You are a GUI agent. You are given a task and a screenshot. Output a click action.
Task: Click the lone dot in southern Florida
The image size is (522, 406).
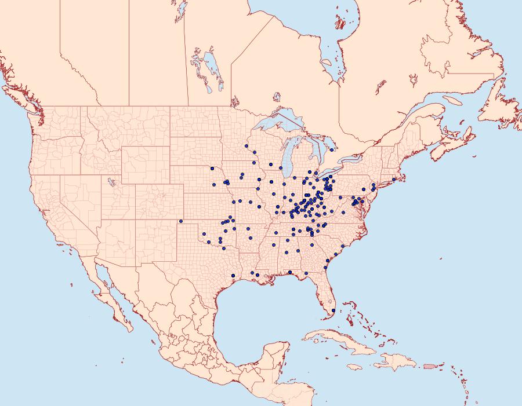333,311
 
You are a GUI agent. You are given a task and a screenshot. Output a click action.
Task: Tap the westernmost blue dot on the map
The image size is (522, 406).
181,221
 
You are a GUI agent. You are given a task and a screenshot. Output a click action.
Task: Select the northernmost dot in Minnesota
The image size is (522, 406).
246,145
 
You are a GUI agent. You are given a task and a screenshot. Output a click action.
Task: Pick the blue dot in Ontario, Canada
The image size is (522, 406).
331,150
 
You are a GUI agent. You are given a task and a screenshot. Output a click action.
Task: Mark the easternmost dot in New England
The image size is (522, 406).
394,179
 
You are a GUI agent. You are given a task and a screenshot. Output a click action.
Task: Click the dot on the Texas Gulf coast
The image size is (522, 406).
233,275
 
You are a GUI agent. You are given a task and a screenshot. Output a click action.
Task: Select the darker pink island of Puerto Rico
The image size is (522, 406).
429,365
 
